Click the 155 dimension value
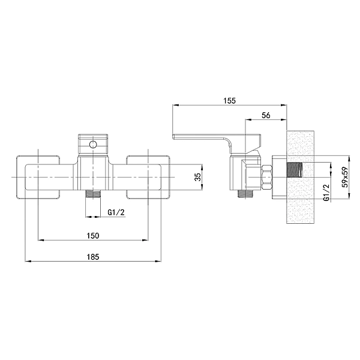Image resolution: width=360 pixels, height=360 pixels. (230, 101)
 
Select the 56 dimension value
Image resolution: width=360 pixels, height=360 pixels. (266, 115)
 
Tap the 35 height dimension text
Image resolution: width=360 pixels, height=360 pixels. (197, 176)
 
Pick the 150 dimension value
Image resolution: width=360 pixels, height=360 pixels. (93, 236)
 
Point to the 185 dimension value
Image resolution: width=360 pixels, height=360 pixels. (93, 257)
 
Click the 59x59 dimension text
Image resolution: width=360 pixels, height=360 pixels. (345, 177)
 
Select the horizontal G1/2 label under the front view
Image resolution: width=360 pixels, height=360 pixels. (116, 212)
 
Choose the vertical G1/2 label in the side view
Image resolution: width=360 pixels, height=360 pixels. (326, 193)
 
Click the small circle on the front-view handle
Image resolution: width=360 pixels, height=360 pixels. (93, 145)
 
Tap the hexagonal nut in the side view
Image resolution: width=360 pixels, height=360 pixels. (267, 177)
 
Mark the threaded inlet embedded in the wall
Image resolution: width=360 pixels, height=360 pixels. (295, 170)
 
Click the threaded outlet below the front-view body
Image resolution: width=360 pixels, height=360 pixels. (93, 194)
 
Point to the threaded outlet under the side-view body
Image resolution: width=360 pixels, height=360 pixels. (245, 194)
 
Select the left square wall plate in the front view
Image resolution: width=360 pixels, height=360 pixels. (38, 177)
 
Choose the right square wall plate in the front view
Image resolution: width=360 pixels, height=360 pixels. (148, 177)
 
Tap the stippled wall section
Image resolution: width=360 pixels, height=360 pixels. (301, 177)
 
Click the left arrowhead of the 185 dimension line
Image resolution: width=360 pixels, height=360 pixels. (28, 261)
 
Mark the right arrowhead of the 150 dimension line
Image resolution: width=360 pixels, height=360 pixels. (145, 240)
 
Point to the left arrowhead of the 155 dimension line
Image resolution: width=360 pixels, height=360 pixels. (175, 105)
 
